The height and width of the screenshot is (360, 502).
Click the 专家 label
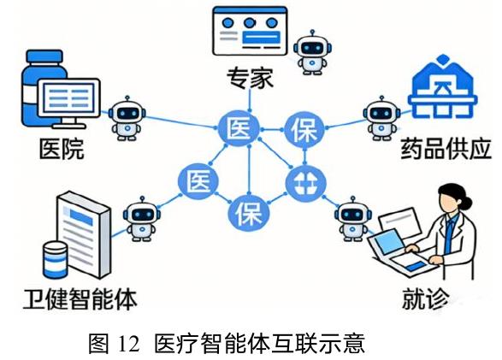250,78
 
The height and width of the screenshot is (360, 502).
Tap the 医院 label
62,149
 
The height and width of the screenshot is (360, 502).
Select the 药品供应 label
446,149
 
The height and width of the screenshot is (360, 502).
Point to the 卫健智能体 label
80,299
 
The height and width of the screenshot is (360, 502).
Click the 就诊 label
426,298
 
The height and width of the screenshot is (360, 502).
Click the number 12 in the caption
129,344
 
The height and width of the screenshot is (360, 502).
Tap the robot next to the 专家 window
312,52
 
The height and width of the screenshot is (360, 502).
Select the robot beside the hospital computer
127,118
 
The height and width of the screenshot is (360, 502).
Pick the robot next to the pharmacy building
381,118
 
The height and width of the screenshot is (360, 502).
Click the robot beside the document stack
141,219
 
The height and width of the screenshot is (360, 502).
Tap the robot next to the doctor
353,219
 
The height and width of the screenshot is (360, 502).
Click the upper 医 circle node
239,129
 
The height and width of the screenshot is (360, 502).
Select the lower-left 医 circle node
198,181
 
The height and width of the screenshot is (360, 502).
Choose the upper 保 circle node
304,129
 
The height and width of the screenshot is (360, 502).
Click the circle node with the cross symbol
305,183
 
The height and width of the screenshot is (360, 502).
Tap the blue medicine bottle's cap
44,56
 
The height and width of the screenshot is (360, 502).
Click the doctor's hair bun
466,202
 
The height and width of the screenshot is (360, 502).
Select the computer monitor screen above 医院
68,97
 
